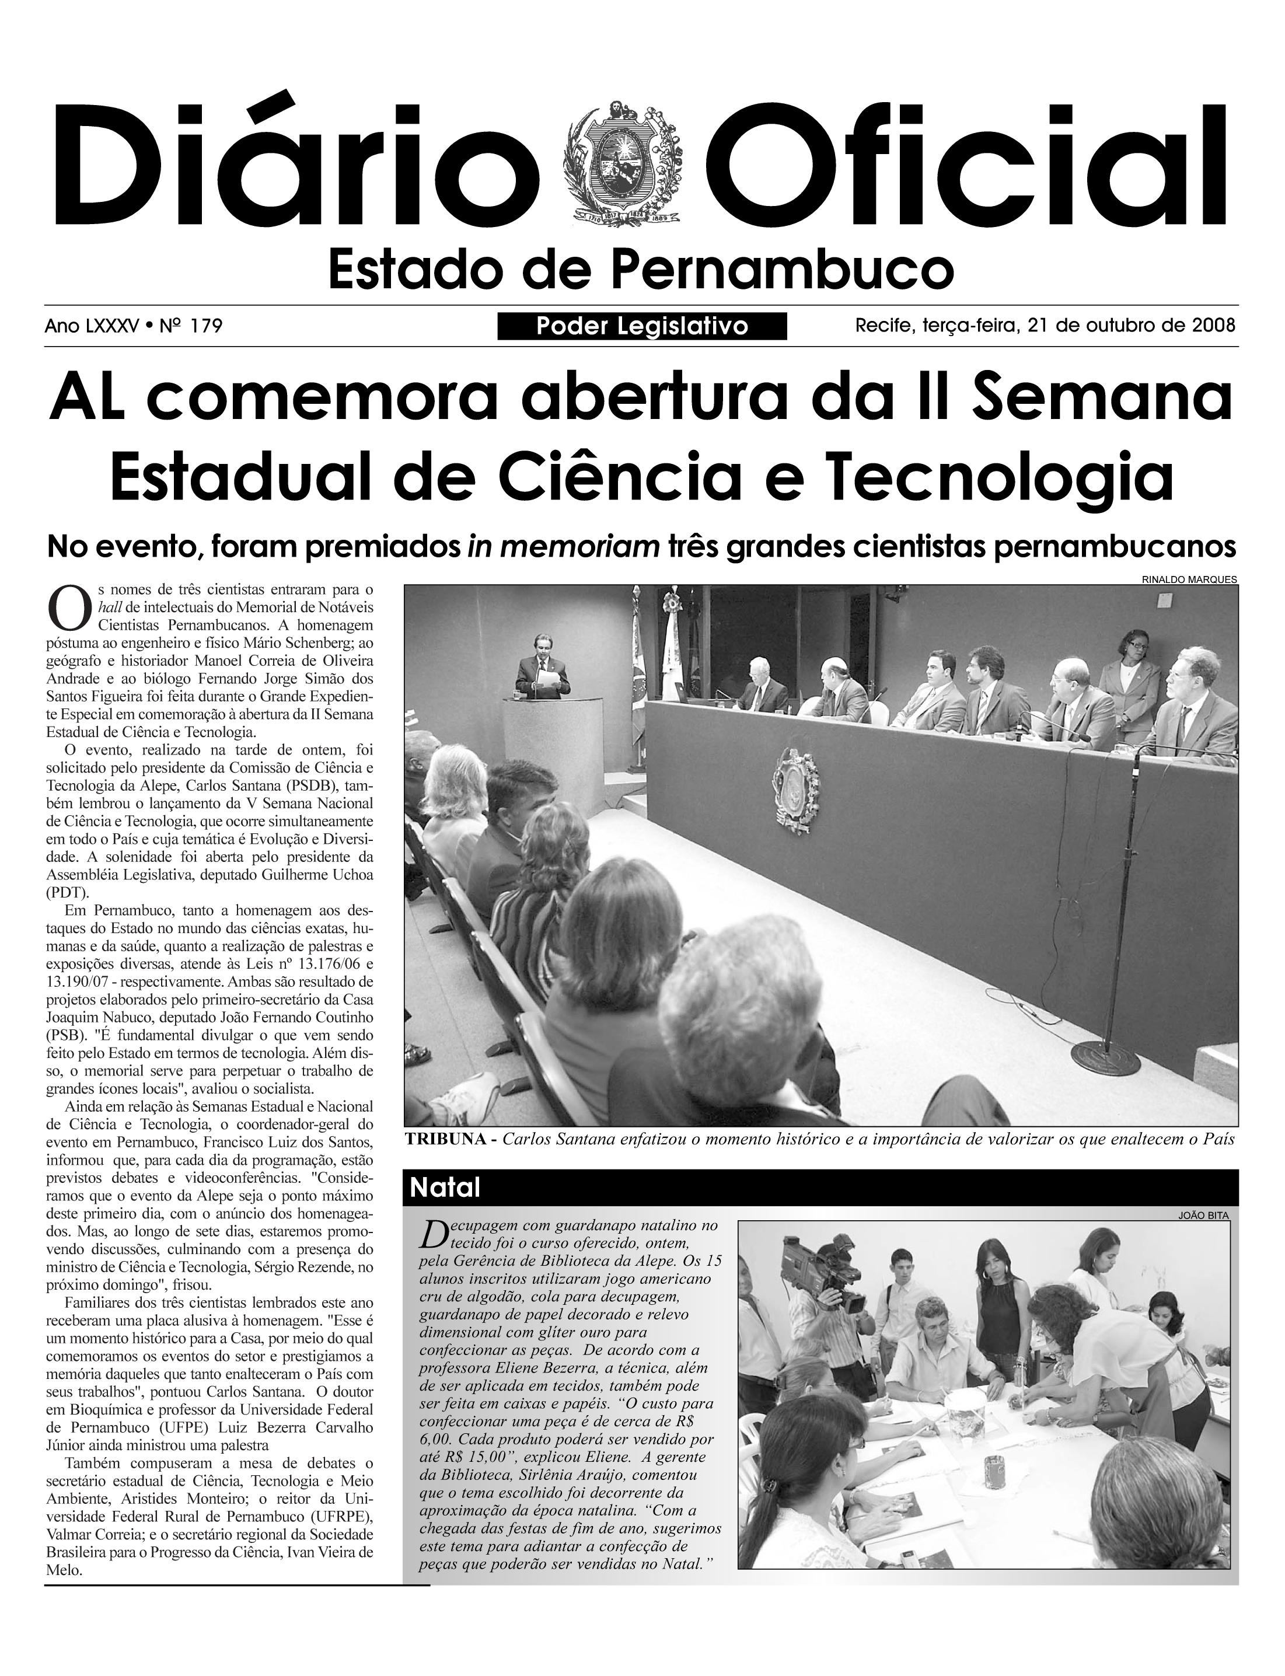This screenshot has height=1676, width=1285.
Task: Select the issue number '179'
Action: click(x=207, y=327)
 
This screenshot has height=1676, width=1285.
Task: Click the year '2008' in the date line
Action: click(x=1214, y=326)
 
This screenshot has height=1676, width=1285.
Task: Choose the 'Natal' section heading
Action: click(x=445, y=1187)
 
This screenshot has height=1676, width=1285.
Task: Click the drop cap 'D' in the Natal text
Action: click(x=432, y=1233)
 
